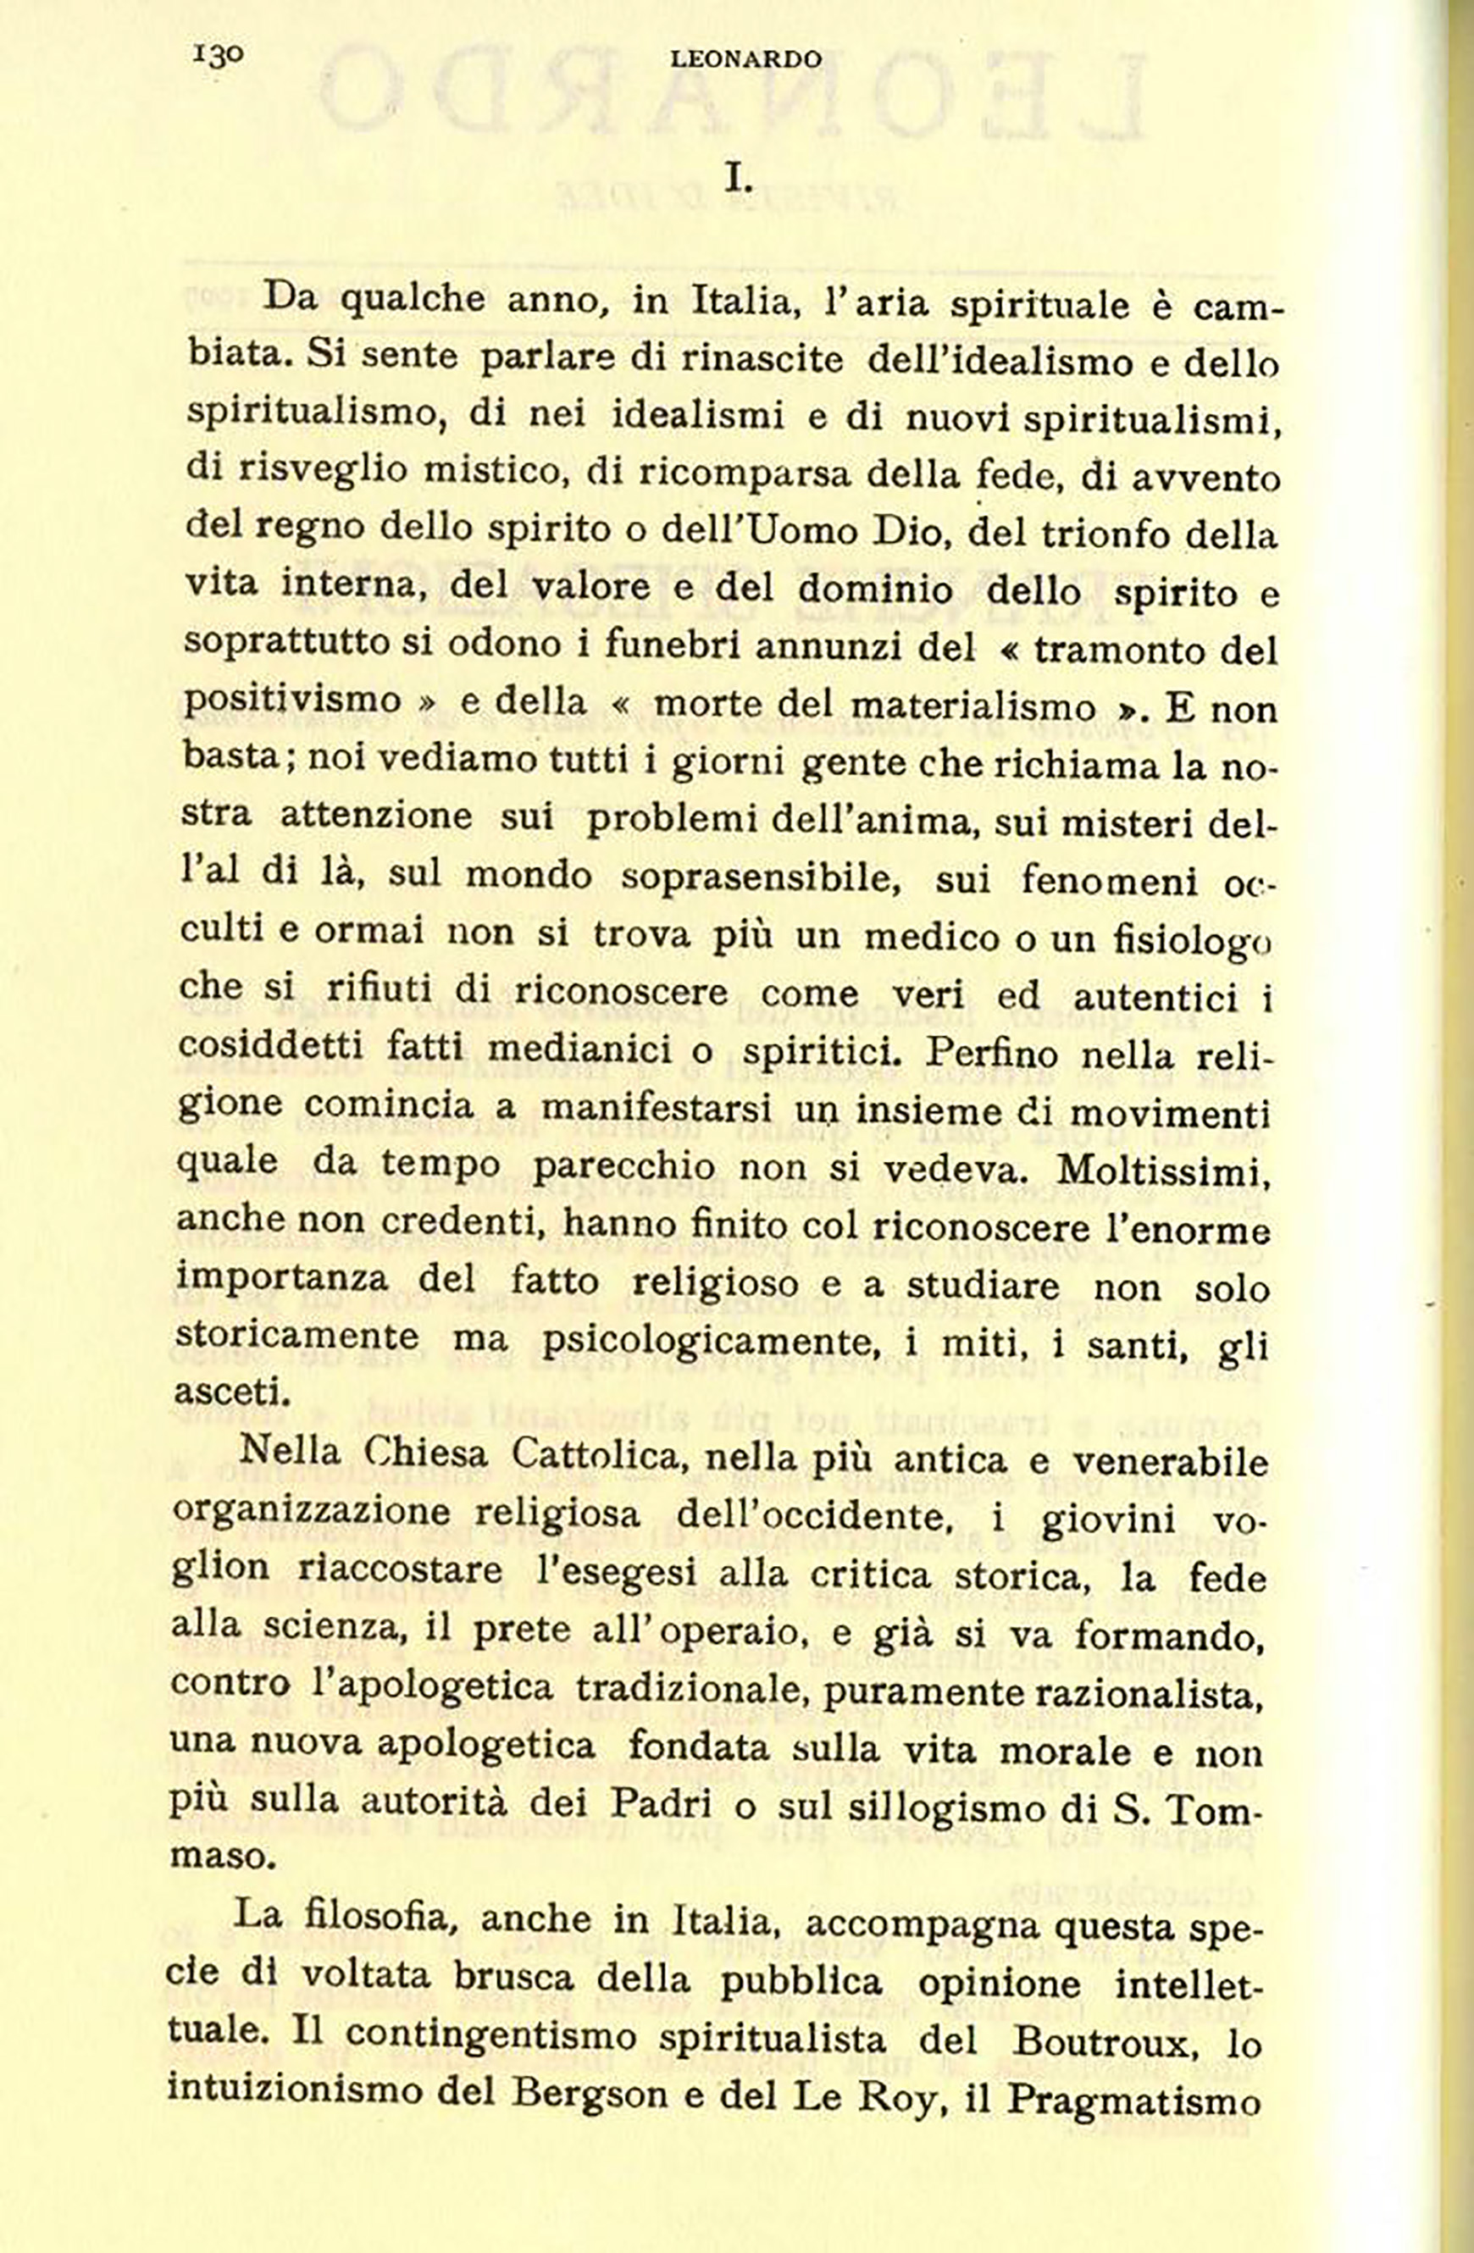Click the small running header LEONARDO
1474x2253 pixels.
tap(746, 59)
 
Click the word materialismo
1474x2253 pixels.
tap(973, 707)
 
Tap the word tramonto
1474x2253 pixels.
tap(1112, 650)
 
